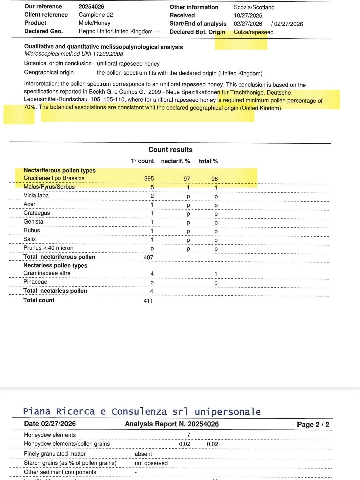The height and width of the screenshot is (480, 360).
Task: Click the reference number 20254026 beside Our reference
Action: pos(91,7)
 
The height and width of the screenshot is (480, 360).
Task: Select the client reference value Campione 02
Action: pos(96,15)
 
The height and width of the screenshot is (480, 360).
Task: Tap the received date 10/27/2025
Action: pos(248,15)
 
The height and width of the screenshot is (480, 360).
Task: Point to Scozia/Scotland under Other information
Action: pos(254,7)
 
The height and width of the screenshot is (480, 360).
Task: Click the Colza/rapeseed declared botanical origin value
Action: pos(253,32)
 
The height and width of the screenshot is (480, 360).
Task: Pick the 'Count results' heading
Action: pos(170,150)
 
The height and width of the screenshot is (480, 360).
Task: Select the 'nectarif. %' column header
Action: pos(175,161)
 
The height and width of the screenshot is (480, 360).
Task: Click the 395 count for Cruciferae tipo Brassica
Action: pos(149,179)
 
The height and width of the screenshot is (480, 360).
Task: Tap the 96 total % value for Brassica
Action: pos(214,179)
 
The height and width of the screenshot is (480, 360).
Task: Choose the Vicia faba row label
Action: pos(36,195)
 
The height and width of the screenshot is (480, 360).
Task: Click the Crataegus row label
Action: pos(37,213)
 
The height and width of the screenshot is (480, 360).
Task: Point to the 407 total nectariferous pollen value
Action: pos(148,257)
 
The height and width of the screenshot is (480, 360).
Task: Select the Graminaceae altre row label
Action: pos(47,273)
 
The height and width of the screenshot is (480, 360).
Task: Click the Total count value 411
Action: pos(148,301)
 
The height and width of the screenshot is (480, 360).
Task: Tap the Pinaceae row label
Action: pos(35,282)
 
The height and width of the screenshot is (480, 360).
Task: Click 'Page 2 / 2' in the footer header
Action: pos(313,424)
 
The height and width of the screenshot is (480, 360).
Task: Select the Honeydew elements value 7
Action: pos(189,435)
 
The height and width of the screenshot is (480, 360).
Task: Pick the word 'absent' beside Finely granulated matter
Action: pos(143,454)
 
